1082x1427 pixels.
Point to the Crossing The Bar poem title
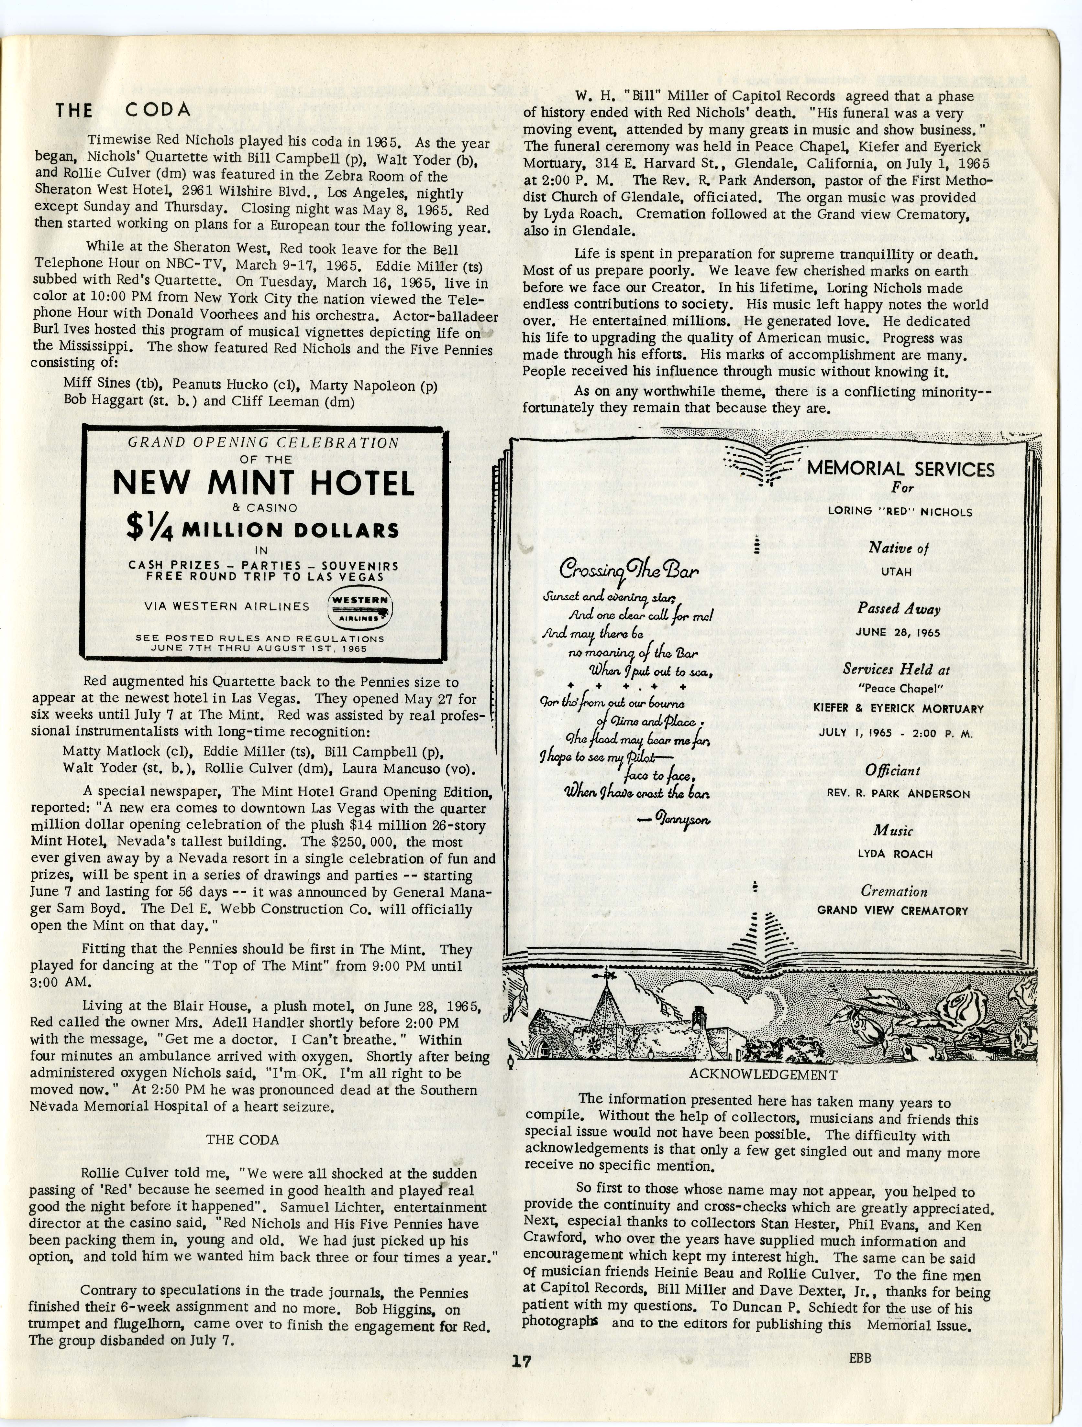(x=628, y=570)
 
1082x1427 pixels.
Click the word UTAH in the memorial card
(x=896, y=572)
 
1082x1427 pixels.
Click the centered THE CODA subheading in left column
(x=243, y=1140)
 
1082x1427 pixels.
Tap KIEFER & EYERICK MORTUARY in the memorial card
(x=898, y=708)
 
